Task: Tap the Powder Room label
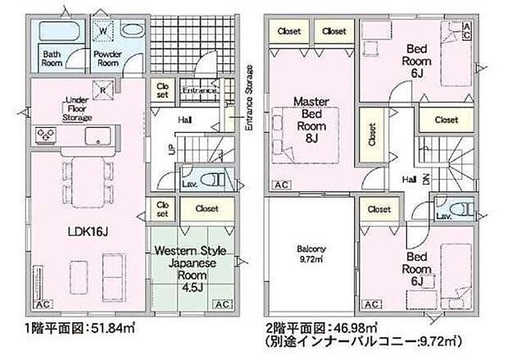click(108, 58)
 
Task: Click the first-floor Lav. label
click(188, 183)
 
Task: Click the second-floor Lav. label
click(444, 216)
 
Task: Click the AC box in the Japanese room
click(221, 304)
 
